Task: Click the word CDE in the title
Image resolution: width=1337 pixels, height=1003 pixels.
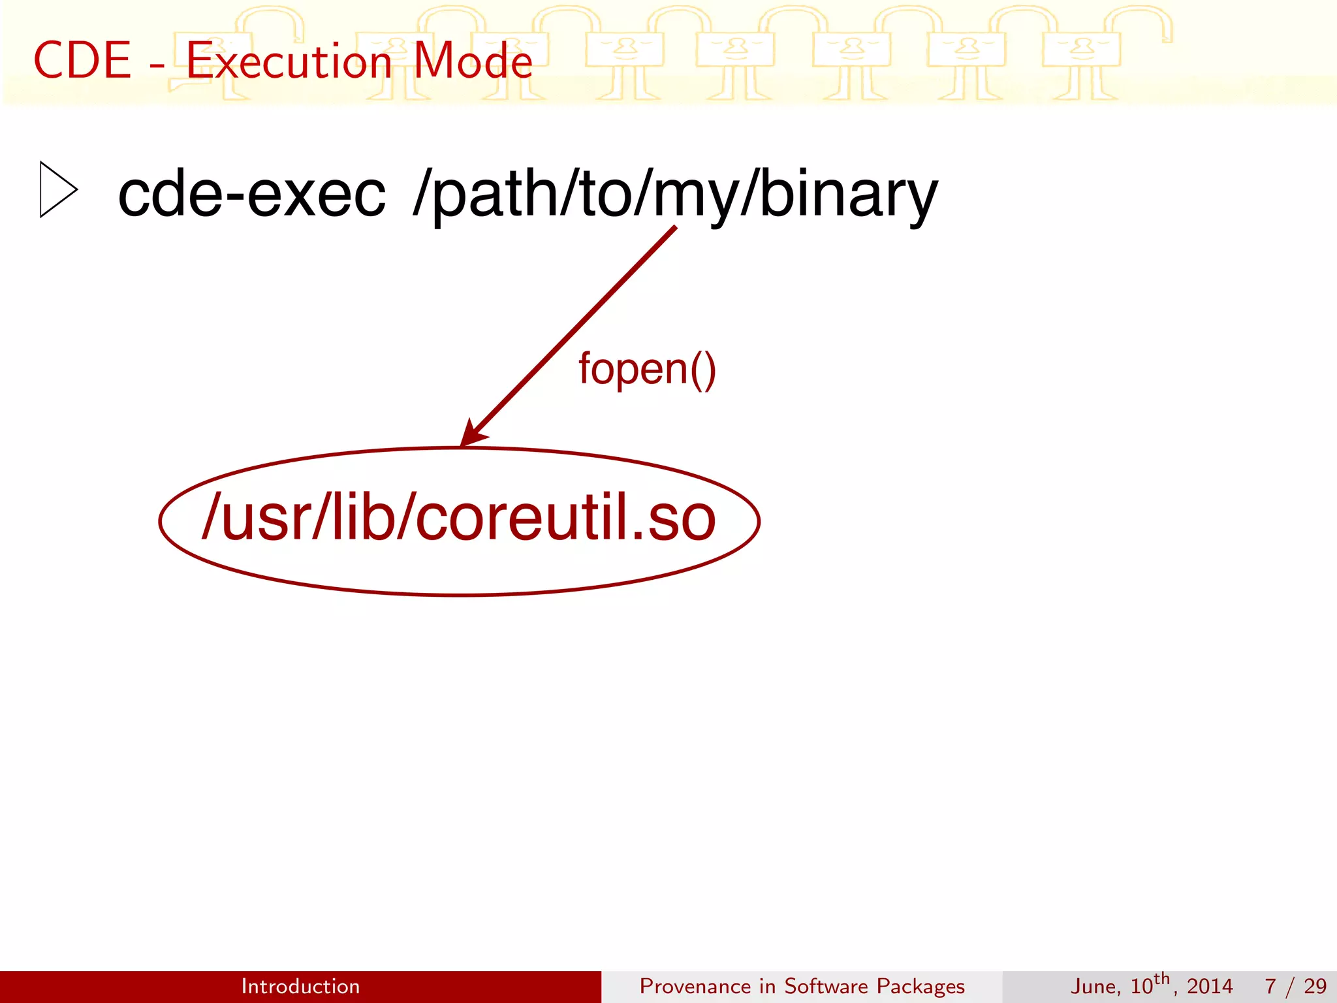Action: (82, 61)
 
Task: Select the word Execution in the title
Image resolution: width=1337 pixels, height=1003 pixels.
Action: (289, 61)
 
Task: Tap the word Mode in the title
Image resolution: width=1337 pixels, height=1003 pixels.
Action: (473, 61)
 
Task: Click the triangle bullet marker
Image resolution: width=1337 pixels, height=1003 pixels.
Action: (58, 189)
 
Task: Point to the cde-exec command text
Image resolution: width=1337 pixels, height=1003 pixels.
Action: (251, 194)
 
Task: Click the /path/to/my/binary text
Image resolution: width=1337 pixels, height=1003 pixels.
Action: (675, 194)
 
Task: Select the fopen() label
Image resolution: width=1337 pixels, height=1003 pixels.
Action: (647, 369)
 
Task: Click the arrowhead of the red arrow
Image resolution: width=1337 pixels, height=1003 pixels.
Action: (471, 434)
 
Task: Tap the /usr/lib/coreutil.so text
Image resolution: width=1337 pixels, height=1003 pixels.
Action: (459, 518)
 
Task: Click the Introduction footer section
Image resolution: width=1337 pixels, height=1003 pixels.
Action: (300, 986)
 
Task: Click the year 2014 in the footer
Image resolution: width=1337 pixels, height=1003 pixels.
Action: (1209, 986)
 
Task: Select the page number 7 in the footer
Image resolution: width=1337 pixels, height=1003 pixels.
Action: (1270, 986)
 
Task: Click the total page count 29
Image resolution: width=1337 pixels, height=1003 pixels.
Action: (1315, 986)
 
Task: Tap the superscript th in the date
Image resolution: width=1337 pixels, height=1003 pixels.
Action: (1161, 979)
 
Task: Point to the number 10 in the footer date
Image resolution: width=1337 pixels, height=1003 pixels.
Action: (1141, 986)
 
